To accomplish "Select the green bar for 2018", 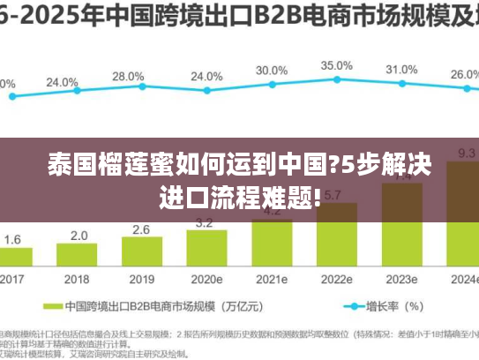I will click(x=79, y=257).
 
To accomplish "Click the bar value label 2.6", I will click(x=142, y=229).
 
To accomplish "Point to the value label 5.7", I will click(x=333, y=195).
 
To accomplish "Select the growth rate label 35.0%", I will click(x=336, y=65).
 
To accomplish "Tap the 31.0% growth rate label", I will click(x=401, y=69).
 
